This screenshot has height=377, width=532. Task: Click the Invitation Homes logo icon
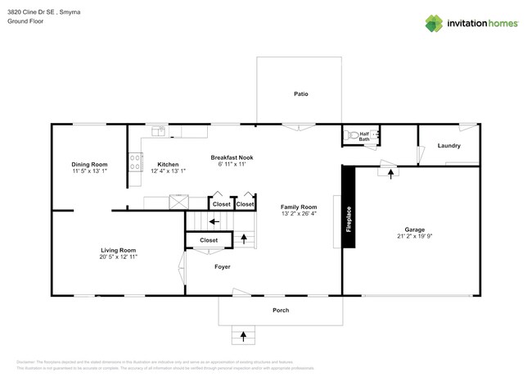pyautogui.click(x=434, y=23)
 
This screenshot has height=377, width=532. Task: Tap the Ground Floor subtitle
pyautogui.click(x=25, y=22)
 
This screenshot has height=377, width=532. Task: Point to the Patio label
pyautogui.click(x=300, y=94)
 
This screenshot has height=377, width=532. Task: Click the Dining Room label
pyautogui.click(x=89, y=165)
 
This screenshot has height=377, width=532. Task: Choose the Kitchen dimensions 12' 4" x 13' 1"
pyautogui.click(x=168, y=171)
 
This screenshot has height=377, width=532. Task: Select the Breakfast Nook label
pyautogui.click(x=232, y=157)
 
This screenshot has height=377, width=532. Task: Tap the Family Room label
pyautogui.click(x=298, y=207)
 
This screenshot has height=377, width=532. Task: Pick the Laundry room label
pyautogui.click(x=449, y=146)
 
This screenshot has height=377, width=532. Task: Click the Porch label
pyautogui.click(x=281, y=310)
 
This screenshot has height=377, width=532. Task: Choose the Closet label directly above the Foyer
pyautogui.click(x=209, y=240)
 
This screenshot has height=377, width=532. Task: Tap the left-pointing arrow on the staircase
pyautogui.click(x=213, y=220)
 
